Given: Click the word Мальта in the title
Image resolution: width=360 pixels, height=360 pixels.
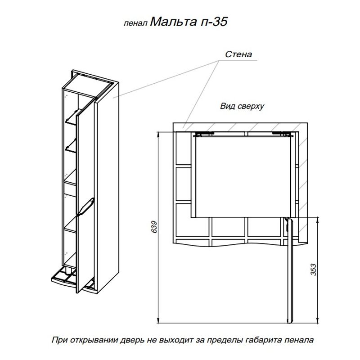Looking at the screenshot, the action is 173,22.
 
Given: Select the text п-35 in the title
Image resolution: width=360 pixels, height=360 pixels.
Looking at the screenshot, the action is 214,22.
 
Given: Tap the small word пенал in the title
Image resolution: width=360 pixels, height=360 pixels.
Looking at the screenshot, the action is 135,24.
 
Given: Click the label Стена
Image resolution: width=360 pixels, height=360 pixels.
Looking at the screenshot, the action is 238,54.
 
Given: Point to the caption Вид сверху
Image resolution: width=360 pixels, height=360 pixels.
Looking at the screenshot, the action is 242,106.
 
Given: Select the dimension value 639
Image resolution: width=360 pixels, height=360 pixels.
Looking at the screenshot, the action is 154,227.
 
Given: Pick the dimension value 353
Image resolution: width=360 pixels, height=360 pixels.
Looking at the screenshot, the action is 314,270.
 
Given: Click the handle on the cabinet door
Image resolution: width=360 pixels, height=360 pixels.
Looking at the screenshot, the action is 86,207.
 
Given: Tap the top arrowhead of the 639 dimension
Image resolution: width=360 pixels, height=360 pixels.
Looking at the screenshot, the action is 158,135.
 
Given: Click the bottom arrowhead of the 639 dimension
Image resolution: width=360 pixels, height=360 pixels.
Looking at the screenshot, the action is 158,320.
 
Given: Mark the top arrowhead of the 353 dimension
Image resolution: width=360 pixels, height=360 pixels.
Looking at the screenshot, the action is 318,220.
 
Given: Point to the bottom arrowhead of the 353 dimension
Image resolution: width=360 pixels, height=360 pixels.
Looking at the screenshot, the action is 318,320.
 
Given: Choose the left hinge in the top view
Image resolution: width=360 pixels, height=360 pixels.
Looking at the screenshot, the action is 204,134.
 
